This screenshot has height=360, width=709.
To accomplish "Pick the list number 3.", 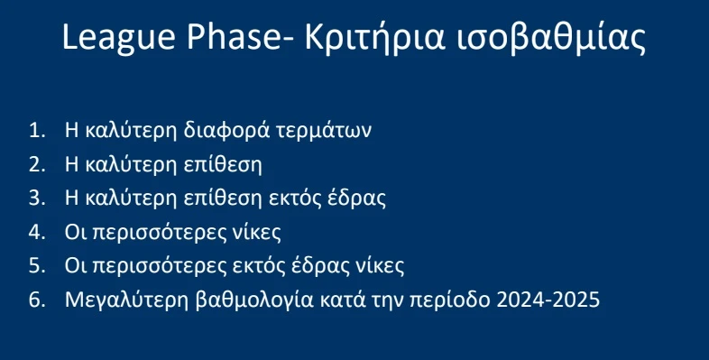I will [x=36, y=198].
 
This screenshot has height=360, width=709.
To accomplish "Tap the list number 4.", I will [x=36, y=232].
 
